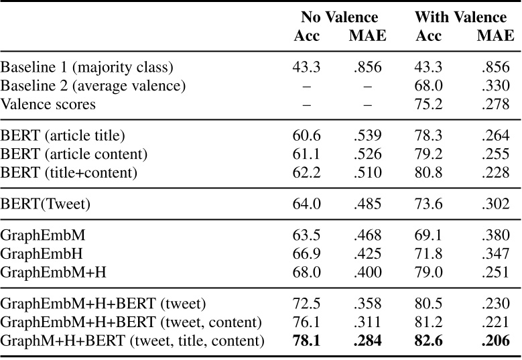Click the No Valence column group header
click(339, 17)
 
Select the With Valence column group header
click(460, 17)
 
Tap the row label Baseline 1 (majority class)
click(87, 68)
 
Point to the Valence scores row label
click(48, 104)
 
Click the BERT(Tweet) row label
click(44, 203)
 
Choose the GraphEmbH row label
click(40, 253)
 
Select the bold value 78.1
click(306, 341)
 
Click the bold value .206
click(495, 341)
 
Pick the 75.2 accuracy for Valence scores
click(428, 104)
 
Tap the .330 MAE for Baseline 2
click(495, 86)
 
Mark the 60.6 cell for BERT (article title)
click(306, 136)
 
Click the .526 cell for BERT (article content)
click(367, 154)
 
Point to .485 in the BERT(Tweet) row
click(367, 203)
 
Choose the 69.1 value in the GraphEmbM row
click(428, 236)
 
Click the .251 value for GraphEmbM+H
click(495, 272)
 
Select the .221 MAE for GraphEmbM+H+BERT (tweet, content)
click(495, 323)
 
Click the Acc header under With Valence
click(428, 35)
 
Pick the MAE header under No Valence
click(367, 35)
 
